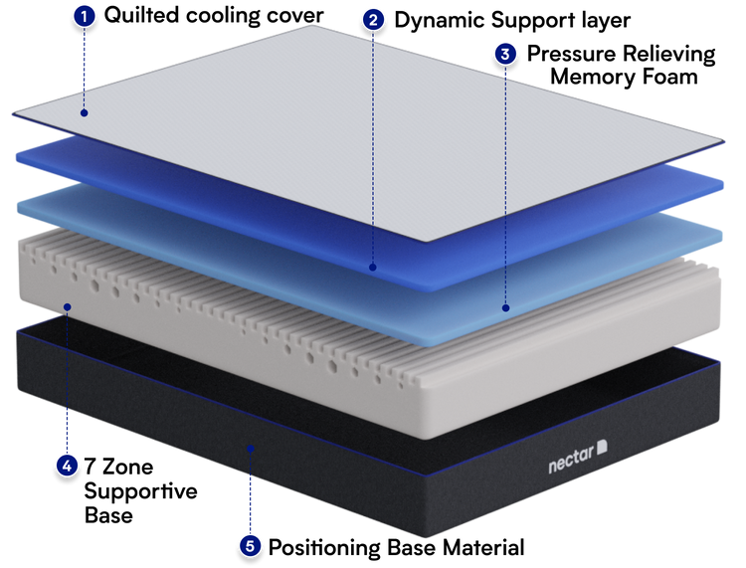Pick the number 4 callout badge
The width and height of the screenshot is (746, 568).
67,465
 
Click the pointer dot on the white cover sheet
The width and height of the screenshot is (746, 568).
84,113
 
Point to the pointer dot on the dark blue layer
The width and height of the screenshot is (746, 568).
372,267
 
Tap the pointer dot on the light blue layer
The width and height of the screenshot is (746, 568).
505,308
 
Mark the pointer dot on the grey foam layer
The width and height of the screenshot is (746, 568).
67,306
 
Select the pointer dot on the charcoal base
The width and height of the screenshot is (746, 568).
250,449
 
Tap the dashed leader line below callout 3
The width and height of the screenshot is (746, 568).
505,179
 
